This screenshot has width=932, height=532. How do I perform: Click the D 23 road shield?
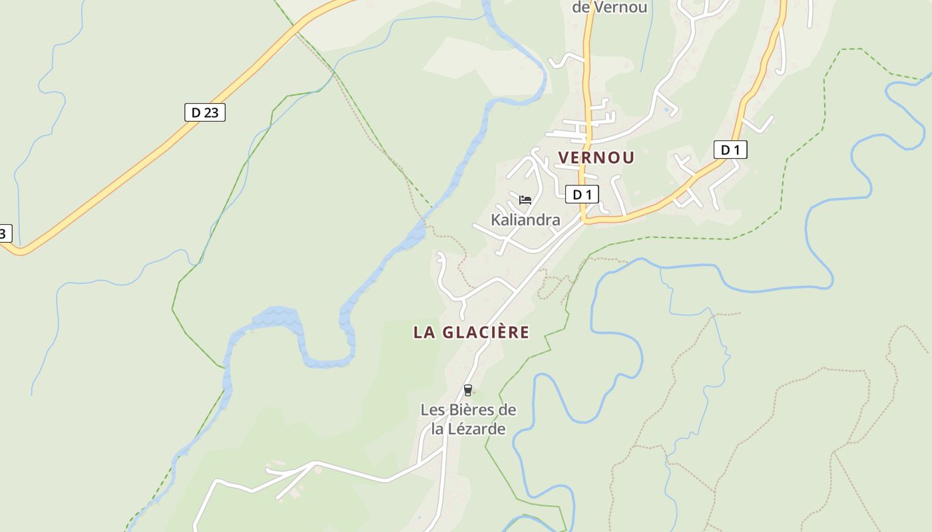[x=204, y=112]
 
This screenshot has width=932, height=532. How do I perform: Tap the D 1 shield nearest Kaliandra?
[x=582, y=194]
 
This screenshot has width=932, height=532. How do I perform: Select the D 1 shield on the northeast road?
[x=730, y=150]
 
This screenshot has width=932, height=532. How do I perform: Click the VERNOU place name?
[x=596, y=158]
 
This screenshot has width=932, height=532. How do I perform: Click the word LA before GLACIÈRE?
[x=423, y=332]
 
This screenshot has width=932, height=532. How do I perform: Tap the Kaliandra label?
[x=525, y=219]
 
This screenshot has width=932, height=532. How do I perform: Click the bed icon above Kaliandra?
[x=525, y=199]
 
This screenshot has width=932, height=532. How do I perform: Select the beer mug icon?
[x=468, y=390]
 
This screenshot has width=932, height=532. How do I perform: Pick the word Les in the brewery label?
[x=433, y=410]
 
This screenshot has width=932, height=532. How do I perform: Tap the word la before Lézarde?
[x=437, y=429]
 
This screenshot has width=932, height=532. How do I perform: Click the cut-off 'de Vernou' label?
[x=609, y=7]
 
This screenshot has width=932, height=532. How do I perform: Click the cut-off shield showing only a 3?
[x=5, y=233]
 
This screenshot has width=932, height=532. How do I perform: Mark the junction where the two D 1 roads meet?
[x=584, y=220]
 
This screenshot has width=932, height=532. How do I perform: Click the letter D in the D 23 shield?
[x=196, y=112]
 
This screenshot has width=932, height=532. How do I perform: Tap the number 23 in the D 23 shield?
[x=210, y=112]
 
